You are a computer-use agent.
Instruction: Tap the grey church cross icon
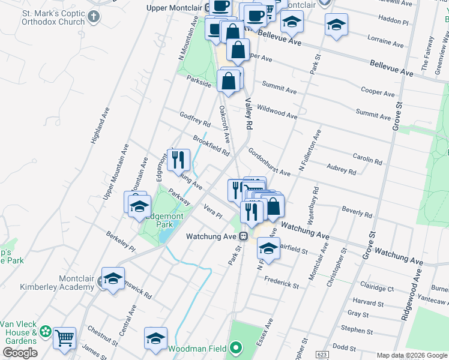93,17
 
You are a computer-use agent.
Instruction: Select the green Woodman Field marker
237,347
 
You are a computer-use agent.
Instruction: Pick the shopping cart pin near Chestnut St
64,337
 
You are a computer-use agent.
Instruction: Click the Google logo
20,353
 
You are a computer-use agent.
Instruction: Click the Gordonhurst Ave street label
269,163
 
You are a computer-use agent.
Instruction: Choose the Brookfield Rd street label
211,145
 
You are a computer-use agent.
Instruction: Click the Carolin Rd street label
367,158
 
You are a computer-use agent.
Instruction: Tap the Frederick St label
281,281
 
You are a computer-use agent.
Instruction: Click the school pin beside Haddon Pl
336,25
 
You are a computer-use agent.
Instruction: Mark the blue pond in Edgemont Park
164,235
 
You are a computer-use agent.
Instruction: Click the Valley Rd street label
247,113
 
